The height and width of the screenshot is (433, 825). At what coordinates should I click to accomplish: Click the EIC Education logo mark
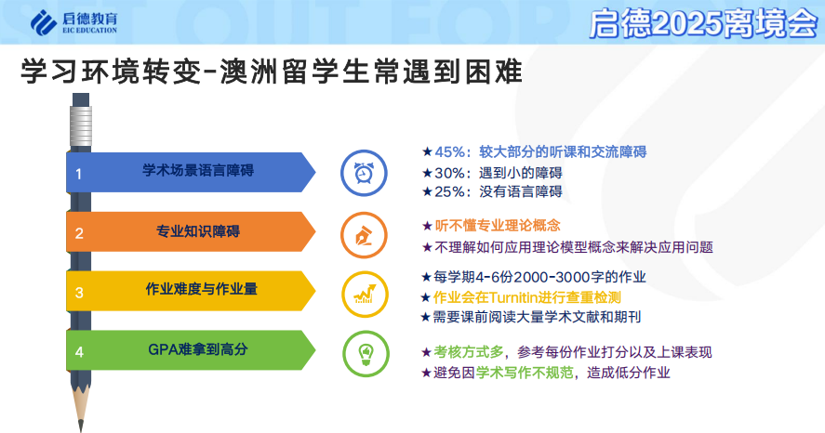[x=43, y=22]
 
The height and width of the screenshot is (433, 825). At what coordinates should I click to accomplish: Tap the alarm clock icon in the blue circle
[x=364, y=174]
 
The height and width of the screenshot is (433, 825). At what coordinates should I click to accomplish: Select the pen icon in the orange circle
[x=364, y=236]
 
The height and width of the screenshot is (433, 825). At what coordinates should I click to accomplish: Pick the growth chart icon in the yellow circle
[x=365, y=295]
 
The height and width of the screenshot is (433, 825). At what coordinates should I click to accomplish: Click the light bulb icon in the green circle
[x=366, y=354]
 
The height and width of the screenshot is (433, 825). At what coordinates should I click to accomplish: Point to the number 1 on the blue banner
[x=78, y=174]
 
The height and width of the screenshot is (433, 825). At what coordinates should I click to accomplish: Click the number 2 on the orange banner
[x=79, y=233]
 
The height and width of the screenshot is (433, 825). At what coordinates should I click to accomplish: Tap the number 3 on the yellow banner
[x=79, y=293]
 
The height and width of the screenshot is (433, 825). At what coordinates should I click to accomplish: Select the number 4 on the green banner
[x=79, y=352]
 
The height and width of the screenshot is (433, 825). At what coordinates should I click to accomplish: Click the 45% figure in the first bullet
[x=450, y=151]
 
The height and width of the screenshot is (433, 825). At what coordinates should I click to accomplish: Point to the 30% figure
[x=450, y=173]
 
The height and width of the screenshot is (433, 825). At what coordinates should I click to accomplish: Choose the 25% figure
[x=450, y=191]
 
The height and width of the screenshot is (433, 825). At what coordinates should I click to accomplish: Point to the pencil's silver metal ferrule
[x=81, y=126]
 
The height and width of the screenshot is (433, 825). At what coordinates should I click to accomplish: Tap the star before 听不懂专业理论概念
[x=427, y=226]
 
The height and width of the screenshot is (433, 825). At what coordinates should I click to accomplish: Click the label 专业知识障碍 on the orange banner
[x=198, y=231]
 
